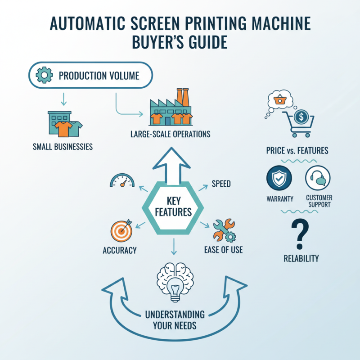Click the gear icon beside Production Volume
point(44,75)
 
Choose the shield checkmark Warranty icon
point(279,179)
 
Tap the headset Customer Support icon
point(318,179)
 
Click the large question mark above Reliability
point(301,234)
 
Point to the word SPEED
point(221,184)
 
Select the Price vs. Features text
point(297,150)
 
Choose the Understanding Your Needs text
point(175,319)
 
